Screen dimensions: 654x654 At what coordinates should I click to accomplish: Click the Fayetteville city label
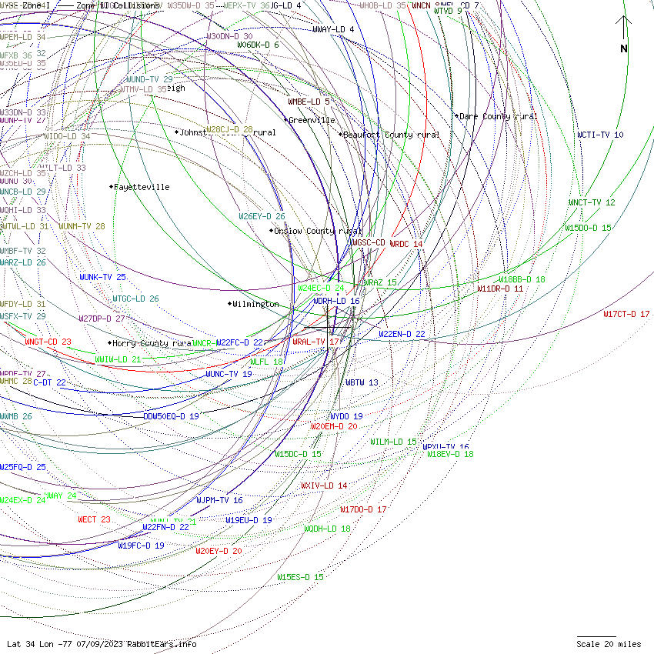coord(142,187)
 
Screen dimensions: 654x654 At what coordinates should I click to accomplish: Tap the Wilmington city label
coord(255,304)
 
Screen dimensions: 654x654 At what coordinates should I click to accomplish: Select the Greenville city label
coord(311,120)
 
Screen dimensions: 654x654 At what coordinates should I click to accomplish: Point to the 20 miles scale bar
coord(596,637)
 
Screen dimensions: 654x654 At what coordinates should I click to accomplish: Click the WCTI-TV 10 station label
coord(600,135)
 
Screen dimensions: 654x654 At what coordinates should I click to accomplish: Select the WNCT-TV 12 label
coord(592,202)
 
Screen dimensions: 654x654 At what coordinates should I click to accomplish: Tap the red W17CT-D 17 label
coord(626,314)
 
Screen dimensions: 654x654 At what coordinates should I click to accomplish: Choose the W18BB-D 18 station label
coord(522,279)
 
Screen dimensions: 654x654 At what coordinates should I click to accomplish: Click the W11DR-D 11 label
coord(500,289)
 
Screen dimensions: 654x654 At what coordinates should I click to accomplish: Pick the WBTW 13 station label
coord(362,382)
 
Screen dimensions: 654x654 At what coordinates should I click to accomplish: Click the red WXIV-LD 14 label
coord(324,485)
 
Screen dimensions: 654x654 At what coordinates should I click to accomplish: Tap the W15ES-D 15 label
coord(300,577)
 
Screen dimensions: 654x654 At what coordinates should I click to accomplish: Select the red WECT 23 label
coord(94,519)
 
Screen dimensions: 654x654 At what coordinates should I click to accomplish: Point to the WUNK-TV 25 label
coord(102,277)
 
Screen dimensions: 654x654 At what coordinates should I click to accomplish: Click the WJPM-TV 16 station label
coord(219,500)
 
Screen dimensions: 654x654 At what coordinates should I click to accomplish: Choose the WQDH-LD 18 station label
coord(326,529)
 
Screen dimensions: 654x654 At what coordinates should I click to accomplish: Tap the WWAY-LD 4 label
coord(333,29)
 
